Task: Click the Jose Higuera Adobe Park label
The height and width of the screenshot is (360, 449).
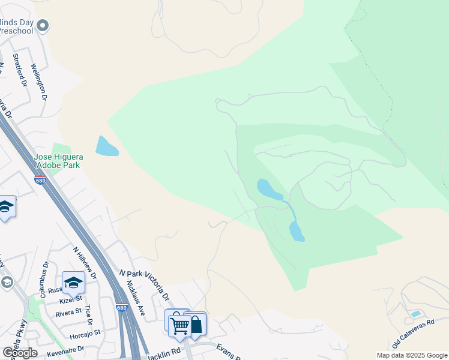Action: [59, 161]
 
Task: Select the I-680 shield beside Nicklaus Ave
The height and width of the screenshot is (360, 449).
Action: [122, 307]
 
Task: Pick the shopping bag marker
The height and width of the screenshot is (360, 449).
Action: [196, 325]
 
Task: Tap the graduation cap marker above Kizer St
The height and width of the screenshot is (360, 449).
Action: [73, 282]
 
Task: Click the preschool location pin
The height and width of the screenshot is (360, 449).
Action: [42, 25]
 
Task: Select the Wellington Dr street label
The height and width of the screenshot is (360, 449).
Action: [39, 82]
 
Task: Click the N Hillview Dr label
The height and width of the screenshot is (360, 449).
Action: [83, 263]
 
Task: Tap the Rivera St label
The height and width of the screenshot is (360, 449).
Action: [68, 311]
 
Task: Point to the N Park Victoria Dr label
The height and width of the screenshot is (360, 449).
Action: [145, 286]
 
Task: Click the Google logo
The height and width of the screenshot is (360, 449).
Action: [20, 352]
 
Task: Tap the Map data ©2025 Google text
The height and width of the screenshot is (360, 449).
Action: [412, 355]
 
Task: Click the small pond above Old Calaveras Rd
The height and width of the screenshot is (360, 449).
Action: [416, 314]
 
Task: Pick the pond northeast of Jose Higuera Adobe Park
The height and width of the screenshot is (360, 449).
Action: [106, 146]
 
